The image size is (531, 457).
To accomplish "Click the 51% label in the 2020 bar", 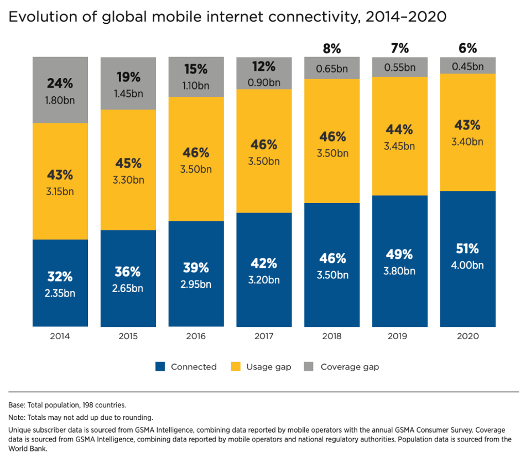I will [467, 248].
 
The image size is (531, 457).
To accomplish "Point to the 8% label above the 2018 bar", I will [332, 49].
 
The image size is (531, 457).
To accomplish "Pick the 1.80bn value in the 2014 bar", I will [60, 101].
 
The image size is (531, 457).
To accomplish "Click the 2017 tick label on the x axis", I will [264, 336].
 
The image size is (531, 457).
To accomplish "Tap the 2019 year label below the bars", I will [399, 336].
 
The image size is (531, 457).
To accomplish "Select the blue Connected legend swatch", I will [160, 366].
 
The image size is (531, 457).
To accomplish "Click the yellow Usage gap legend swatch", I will [235, 366].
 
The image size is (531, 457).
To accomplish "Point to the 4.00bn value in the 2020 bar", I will [467, 266].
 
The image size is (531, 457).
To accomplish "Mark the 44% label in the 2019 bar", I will [399, 129].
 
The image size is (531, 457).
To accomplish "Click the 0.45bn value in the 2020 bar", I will [467, 67].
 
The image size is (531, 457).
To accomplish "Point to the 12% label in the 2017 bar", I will [264, 67].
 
